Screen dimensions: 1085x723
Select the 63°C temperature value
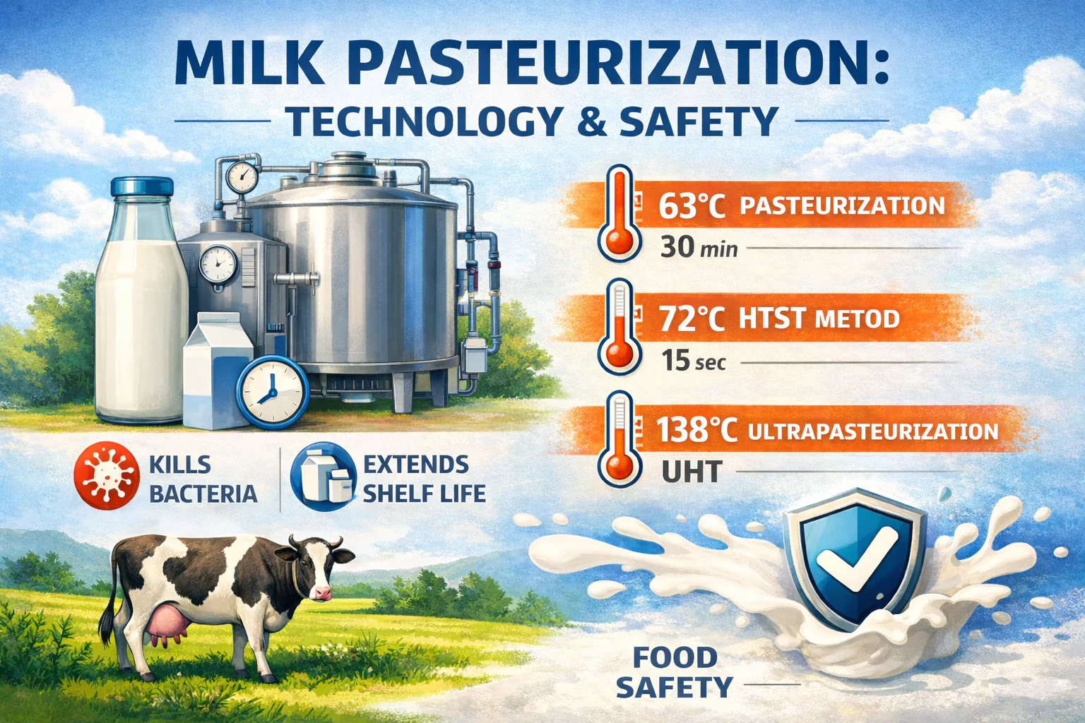tap(692, 205)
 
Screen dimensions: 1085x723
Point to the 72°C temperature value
tap(692, 318)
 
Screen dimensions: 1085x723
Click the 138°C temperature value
tap(696, 430)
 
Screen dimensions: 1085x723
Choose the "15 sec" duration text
tap(694, 361)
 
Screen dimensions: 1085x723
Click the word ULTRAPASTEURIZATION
tap(873, 431)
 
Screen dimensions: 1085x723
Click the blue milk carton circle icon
tap(323, 477)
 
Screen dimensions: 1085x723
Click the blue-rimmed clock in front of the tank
tap(273, 392)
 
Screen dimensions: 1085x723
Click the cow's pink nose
tap(323, 593)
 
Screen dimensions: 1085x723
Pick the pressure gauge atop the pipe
tap(242, 177)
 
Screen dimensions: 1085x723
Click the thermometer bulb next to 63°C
tap(619, 241)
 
